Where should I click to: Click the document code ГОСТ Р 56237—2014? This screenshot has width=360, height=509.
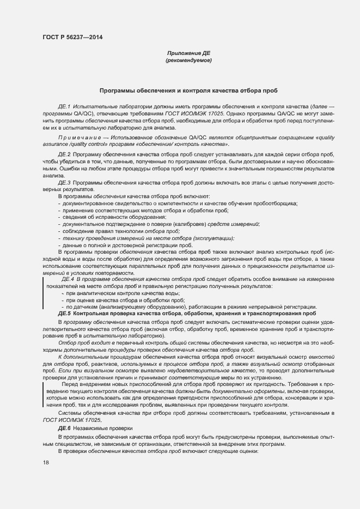pyautogui.click(x=72, y=37)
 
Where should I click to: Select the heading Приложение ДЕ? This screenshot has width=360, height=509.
pyautogui.click(x=188, y=53)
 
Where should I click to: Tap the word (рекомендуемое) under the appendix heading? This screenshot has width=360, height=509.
pyautogui.click(x=188, y=60)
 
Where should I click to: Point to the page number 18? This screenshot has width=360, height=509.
pyautogui.click(x=45, y=462)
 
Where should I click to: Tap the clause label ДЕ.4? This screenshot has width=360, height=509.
pyautogui.click(x=68, y=279)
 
